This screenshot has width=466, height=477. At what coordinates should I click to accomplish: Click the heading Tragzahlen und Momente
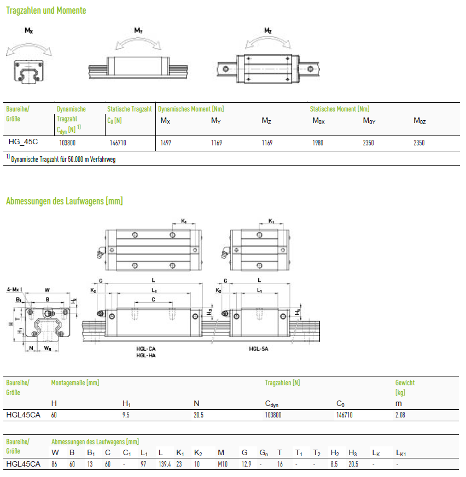tap(46, 10)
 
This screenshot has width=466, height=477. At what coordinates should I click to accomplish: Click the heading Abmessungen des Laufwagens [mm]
tap(64, 201)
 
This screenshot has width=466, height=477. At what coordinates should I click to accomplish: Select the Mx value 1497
tap(166, 143)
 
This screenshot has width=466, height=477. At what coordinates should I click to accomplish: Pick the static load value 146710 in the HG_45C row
tap(118, 143)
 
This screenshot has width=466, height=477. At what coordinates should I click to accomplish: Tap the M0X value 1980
tap(318, 143)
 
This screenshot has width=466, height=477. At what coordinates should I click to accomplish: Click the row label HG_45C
tap(23, 142)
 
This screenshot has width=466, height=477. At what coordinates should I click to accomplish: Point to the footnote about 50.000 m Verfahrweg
tap(61, 159)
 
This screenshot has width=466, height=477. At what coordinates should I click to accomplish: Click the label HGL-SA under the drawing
tap(259, 349)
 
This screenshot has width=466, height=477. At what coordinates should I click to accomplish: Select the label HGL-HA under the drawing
tap(146, 356)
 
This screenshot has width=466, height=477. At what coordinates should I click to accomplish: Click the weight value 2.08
tap(400, 415)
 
